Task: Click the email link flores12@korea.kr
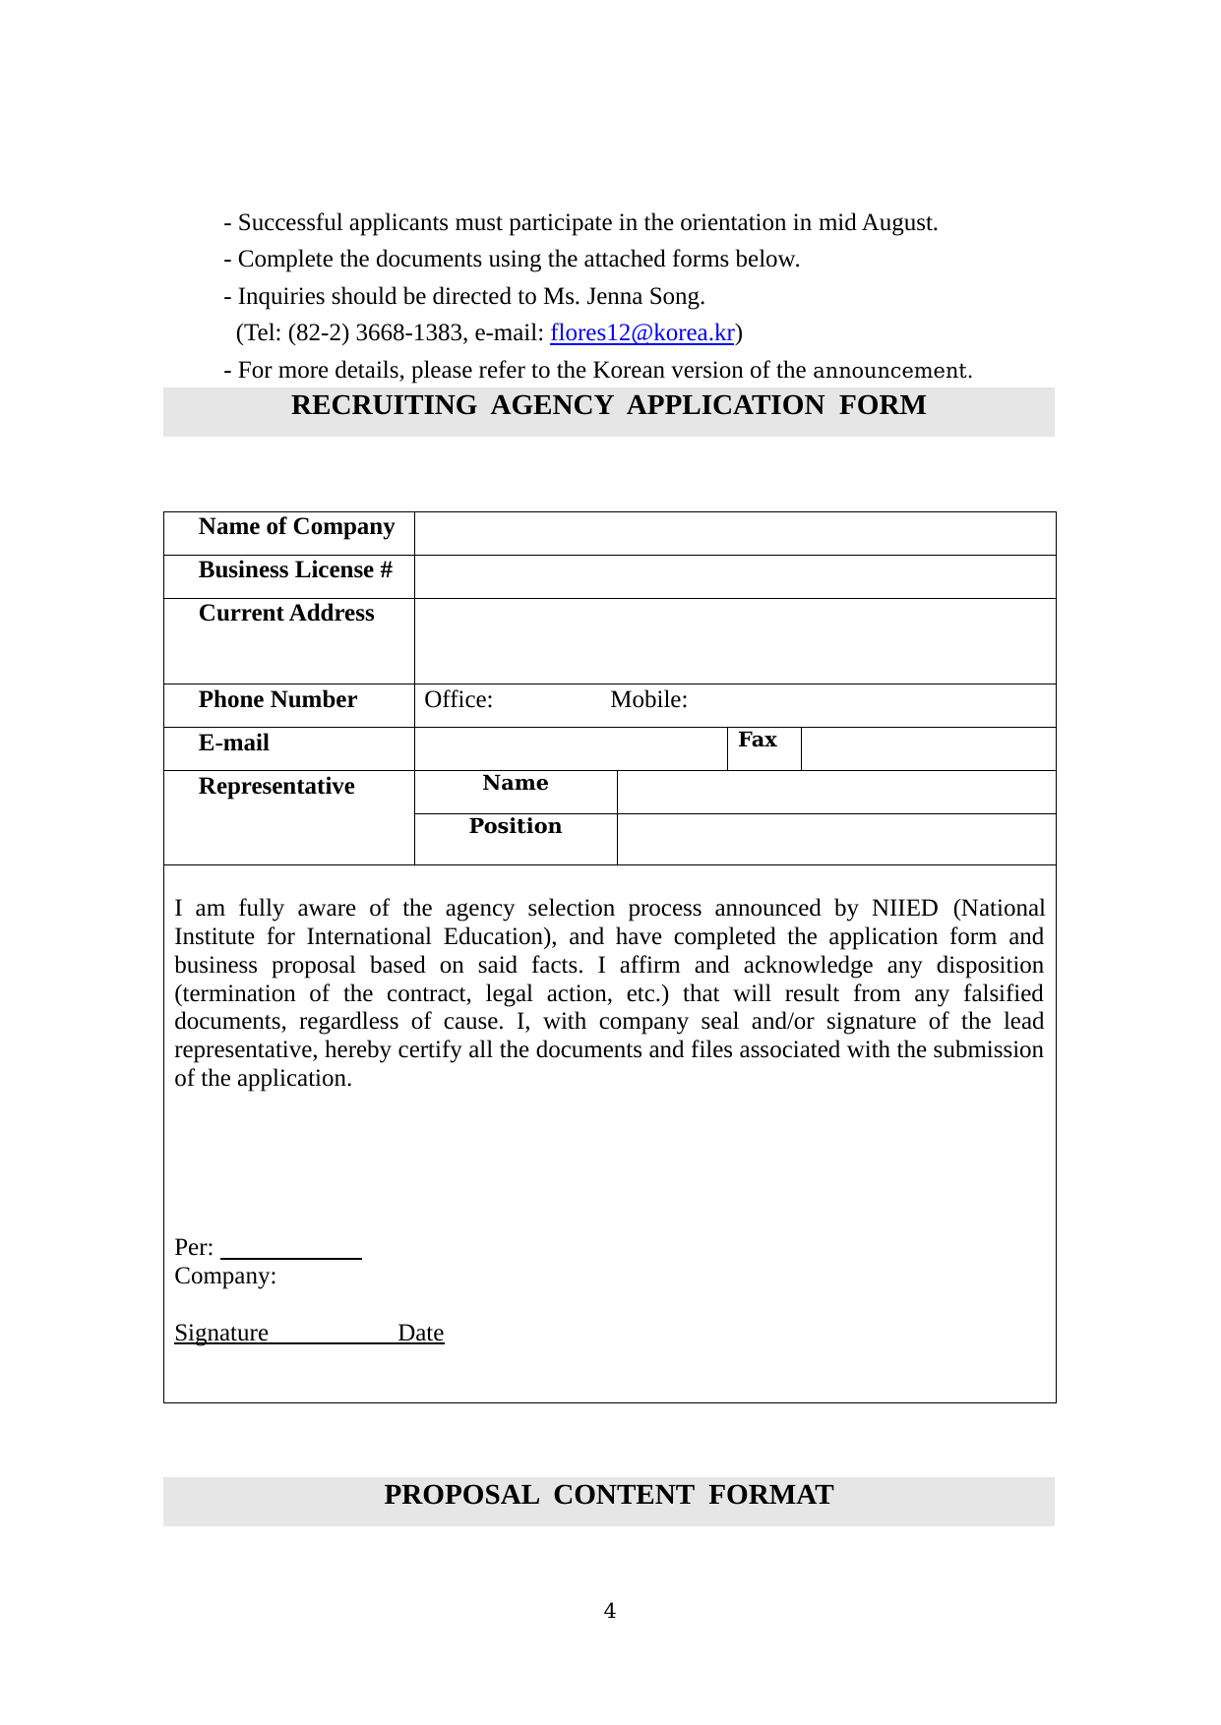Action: pyautogui.click(x=641, y=333)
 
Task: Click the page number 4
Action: pyautogui.click(x=610, y=1611)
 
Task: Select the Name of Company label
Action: pyautogui.click(x=296, y=527)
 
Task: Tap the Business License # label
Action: pyautogui.click(x=295, y=570)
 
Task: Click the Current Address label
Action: pyautogui.click(x=286, y=614)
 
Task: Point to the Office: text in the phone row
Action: pyautogui.click(x=458, y=700)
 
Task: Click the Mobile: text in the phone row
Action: pyautogui.click(x=648, y=700)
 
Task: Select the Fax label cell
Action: pyautogui.click(x=758, y=741)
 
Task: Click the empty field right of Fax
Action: pyautogui.click(x=928, y=748)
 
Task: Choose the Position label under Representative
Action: pyautogui.click(x=516, y=827)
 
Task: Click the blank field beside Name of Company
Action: pyautogui.click(x=735, y=533)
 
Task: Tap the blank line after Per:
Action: pyautogui.click(x=291, y=1250)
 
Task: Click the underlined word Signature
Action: pyautogui.click(x=221, y=1334)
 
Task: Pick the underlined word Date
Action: pyautogui.click(x=421, y=1334)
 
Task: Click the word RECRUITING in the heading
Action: pyautogui.click(x=384, y=406)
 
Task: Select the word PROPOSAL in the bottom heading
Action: pyautogui.click(x=461, y=1496)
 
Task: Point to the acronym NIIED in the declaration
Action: pyautogui.click(x=904, y=909)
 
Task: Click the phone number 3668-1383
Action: pyautogui.click(x=408, y=333)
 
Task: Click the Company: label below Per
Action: pyautogui.click(x=225, y=1277)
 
